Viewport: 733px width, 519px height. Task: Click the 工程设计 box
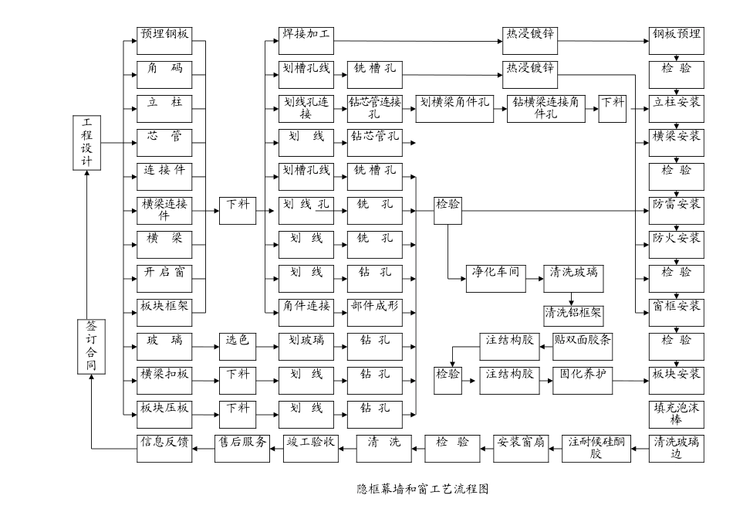click(x=86, y=142)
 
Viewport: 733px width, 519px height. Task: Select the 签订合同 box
click(x=91, y=347)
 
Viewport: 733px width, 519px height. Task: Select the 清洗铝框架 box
click(x=573, y=313)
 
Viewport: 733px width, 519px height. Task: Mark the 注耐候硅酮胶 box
click(x=595, y=448)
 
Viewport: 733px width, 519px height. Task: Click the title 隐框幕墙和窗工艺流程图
click(x=422, y=488)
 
